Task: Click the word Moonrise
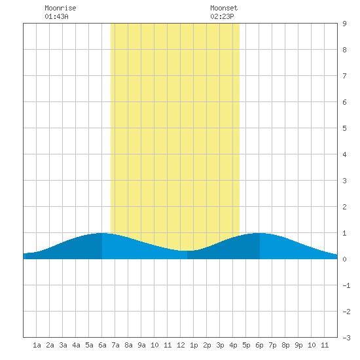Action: pos(60,8)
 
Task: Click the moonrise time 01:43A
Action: pos(56,16)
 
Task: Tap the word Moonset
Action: pos(224,8)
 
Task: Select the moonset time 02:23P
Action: pos(222,16)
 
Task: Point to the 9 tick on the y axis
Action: pos(344,24)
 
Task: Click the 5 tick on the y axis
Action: pos(344,128)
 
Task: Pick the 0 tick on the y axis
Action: pos(344,259)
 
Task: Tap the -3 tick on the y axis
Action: pos(346,338)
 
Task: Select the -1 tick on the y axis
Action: pos(346,285)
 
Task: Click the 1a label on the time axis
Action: pos(37,345)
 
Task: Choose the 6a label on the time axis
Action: pos(102,345)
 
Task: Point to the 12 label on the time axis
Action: pos(181,345)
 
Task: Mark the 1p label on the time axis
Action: pos(194,345)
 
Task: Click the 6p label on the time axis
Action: pos(259,345)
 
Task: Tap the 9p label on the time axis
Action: pos(298,345)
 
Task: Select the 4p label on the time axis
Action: pos(233,345)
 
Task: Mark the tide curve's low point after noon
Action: pos(187,251)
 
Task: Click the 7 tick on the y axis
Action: pos(344,76)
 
